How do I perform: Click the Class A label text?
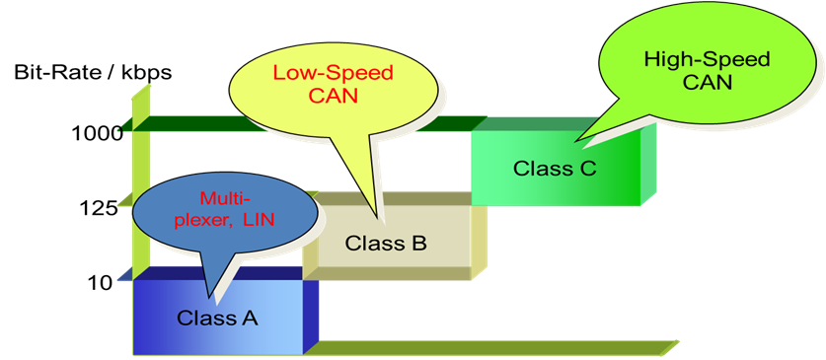click(217, 318)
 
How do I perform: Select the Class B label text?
click(385, 242)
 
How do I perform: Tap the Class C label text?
click(555, 168)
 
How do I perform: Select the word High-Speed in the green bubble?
click(706, 59)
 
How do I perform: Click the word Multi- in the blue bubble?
click(219, 198)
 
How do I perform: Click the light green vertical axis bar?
click(141, 178)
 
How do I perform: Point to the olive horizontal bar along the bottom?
click(493, 347)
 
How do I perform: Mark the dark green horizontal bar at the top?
click(296, 123)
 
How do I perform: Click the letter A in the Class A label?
click(249, 318)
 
